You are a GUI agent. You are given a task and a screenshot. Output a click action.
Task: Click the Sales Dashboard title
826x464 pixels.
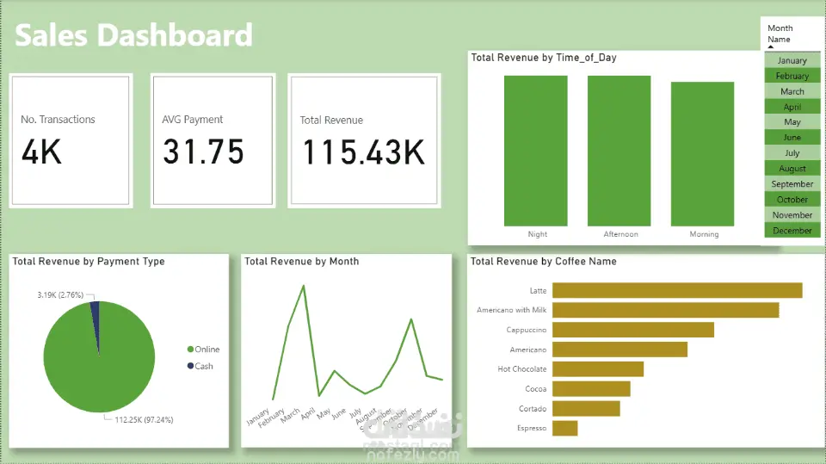pyautogui.click(x=134, y=35)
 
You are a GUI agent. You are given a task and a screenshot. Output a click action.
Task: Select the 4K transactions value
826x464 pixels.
pyautogui.click(x=42, y=152)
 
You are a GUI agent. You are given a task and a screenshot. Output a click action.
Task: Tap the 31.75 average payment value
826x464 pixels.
pyautogui.click(x=203, y=152)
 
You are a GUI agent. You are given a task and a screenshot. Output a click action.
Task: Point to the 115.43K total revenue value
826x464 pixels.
pyautogui.click(x=363, y=152)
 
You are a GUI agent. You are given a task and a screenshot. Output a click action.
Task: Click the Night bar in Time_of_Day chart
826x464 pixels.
pyautogui.click(x=536, y=151)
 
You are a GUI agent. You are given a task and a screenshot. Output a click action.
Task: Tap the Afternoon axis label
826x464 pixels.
pyautogui.click(x=619, y=234)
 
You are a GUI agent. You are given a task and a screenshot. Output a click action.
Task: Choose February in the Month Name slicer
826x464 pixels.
pyautogui.click(x=792, y=76)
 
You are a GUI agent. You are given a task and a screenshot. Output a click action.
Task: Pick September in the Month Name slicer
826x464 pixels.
pyautogui.click(x=792, y=184)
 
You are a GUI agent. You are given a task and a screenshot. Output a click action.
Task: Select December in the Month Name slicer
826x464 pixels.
pyautogui.click(x=792, y=231)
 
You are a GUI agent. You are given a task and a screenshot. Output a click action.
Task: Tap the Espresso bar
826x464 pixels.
pyautogui.click(x=565, y=428)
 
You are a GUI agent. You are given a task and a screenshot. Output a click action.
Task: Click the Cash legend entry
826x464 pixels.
pyautogui.click(x=203, y=367)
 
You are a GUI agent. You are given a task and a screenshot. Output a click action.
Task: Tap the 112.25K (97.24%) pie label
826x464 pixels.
pyautogui.click(x=144, y=420)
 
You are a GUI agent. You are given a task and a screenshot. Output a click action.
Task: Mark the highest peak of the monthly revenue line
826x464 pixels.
pyautogui.click(x=304, y=285)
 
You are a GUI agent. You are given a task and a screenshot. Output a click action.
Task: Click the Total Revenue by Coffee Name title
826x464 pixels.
pyautogui.click(x=543, y=261)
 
